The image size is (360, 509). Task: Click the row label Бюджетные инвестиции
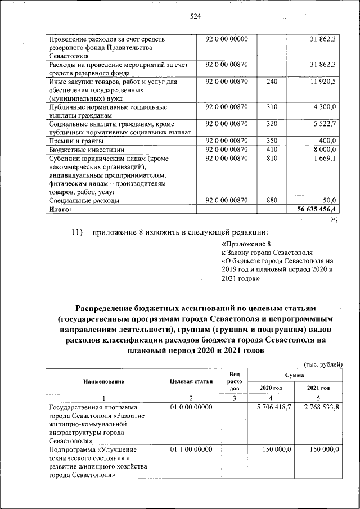[x=87, y=150]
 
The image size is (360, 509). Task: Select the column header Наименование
[x=103, y=381]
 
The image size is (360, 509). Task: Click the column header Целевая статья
[x=191, y=381]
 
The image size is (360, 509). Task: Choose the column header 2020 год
[x=271, y=388]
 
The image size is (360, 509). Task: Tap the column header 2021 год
[x=318, y=388]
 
